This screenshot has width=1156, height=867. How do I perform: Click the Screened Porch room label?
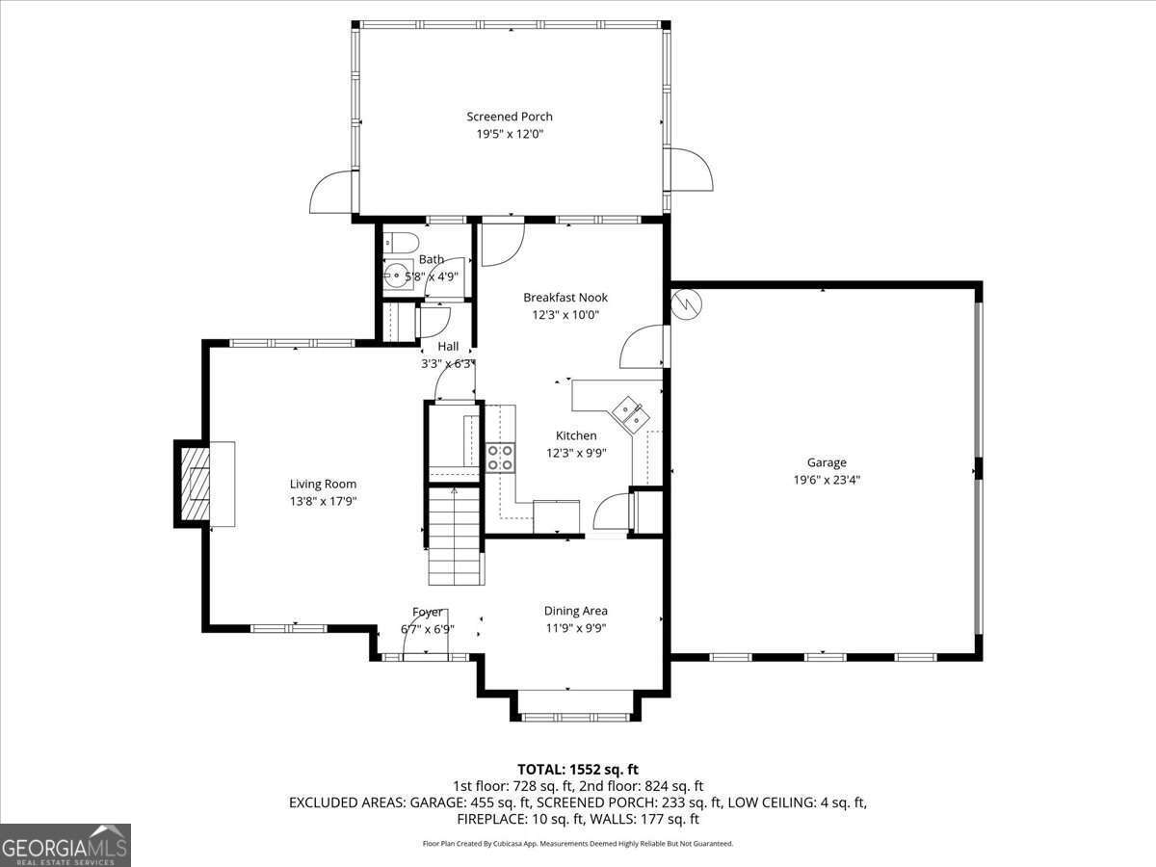(x=510, y=117)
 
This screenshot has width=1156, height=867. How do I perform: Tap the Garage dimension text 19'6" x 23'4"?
(x=827, y=479)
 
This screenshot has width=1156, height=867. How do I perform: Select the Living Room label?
(x=324, y=484)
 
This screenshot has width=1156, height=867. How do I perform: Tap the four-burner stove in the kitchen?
(x=499, y=457)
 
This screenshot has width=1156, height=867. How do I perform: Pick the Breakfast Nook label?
(x=565, y=298)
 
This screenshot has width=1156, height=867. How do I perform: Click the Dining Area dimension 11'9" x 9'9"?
(x=575, y=627)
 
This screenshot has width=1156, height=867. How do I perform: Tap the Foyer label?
(x=428, y=612)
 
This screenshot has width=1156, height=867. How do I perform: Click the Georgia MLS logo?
(x=66, y=845)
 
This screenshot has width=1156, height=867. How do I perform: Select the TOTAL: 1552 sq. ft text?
(x=578, y=769)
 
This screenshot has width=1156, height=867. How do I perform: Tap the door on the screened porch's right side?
(x=690, y=171)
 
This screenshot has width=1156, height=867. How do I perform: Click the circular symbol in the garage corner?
(x=689, y=304)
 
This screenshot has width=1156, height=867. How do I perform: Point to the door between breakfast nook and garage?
(x=643, y=347)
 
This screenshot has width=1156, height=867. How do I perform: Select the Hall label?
(x=448, y=346)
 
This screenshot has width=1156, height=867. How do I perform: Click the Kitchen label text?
(x=576, y=435)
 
